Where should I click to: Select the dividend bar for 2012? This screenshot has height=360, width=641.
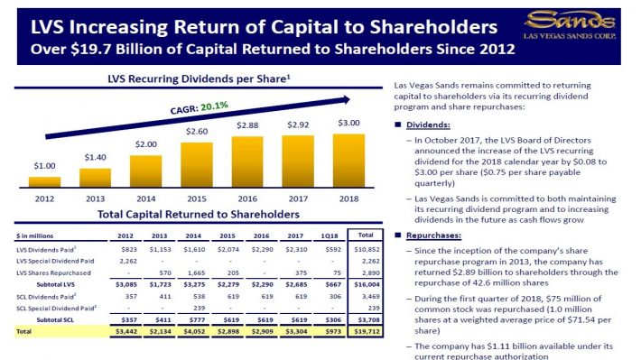click(x=45, y=180)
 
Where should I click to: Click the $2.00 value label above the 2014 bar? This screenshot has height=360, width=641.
click(x=145, y=144)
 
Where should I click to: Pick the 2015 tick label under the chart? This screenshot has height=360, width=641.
click(x=197, y=198)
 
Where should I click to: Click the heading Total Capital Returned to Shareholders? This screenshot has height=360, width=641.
click(x=198, y=215)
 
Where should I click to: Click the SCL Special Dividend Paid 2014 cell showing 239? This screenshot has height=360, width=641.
click(x=196, y=308)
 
